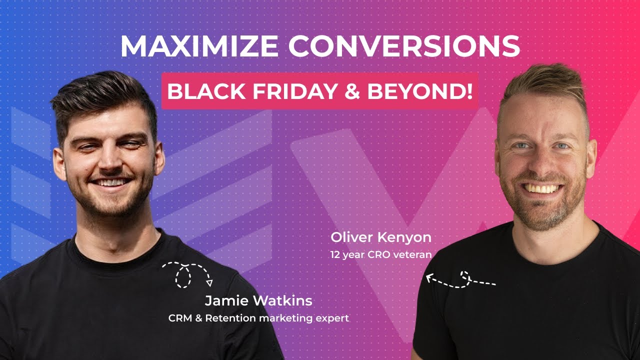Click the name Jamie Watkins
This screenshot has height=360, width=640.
coord(258,301)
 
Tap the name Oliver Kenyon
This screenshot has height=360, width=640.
coord(381,237)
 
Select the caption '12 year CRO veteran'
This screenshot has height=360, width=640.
coord(381,254)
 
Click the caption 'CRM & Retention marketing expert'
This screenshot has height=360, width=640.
coord(258,318)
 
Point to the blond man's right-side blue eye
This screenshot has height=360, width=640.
coord(561,146)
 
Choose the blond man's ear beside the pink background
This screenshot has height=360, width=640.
coord(591,155)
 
